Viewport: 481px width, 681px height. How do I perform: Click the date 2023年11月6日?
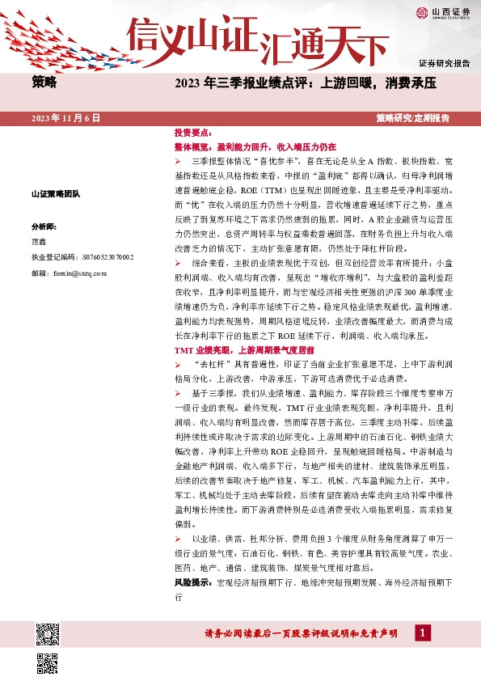[65, 118]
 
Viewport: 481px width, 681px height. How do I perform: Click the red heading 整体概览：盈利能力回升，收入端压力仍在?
[255, 148]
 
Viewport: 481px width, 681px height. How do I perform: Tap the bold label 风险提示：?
[194, 582]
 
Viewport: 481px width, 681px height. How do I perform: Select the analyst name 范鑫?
[39, 242]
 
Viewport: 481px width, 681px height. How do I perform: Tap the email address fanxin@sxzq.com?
[78, 273]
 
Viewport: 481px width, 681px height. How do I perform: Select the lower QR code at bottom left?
[48, 663]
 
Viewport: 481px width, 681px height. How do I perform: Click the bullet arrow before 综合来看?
[179, 264]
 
